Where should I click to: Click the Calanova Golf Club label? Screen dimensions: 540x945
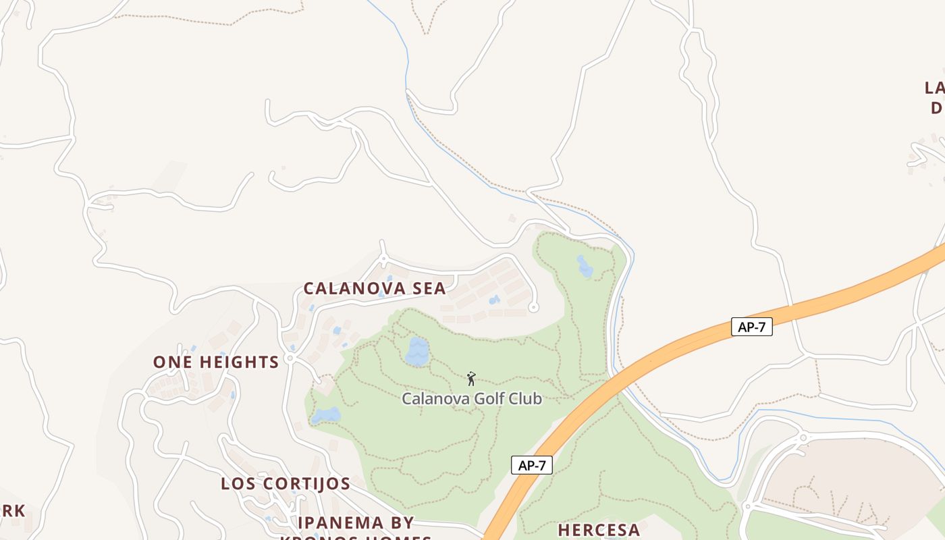point(472,399)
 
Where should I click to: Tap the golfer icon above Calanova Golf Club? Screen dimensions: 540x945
point(471,379)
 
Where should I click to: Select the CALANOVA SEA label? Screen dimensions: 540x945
point(375,289)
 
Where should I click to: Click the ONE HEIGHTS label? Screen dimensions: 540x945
point(216,362)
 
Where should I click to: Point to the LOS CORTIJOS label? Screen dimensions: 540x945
point(286,484)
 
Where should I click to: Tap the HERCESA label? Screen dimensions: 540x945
point(599,530)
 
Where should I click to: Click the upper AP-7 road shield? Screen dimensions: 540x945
point(752,327)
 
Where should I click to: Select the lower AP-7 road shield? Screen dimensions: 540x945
point(532,465)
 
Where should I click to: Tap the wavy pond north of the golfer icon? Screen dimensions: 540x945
point(417,352)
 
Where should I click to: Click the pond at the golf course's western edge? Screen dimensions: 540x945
point(325,415)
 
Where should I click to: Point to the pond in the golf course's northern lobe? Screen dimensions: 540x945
point(585,267)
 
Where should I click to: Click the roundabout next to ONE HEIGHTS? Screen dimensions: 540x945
point(290,358)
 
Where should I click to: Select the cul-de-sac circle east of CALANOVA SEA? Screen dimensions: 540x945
point(533,307)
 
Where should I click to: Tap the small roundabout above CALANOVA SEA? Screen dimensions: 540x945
point(383,259)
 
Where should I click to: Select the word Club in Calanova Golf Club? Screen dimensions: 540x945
point(526,399)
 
